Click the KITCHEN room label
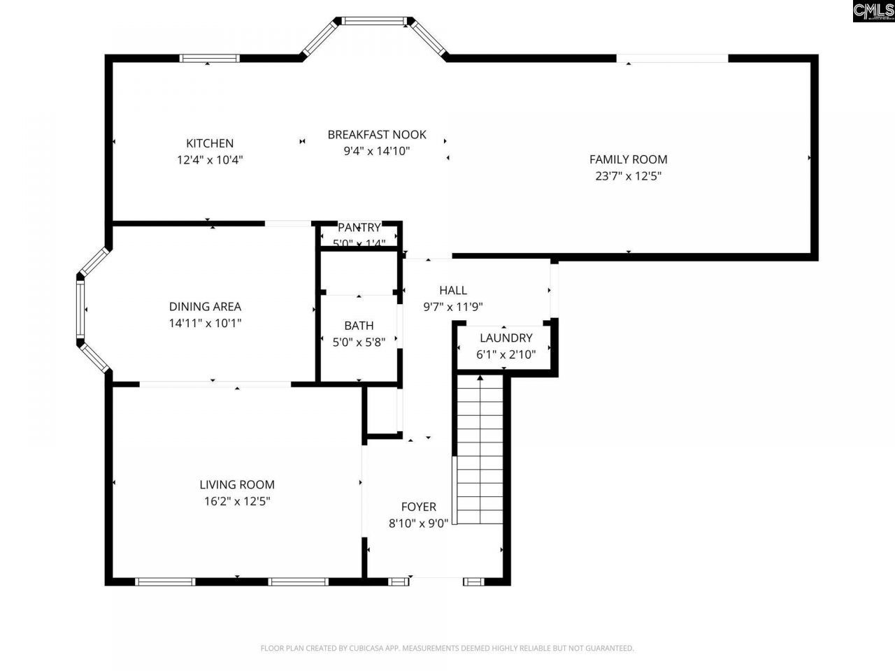click(210, 143)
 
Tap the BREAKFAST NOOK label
click(376, 134)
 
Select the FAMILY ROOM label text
click(628, 159)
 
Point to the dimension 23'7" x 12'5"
click(628, 176)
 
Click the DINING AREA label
click(205, 306)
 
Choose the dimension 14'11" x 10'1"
click(205, 323)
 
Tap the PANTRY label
click(359, 227)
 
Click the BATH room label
click(359, 325)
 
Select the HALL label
click(453, 290)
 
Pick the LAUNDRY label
click(506, 338)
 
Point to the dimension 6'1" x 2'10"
click(506, 354)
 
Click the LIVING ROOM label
click(237, 484)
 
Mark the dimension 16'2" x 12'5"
click(237, 501)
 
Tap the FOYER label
click(418, 507)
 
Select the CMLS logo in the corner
click(873, 11)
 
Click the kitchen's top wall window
click(210, 59)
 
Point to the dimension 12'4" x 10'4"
click(210, 160)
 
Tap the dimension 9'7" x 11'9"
click(453, 306)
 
